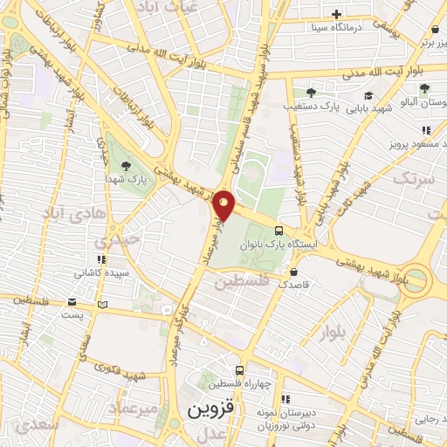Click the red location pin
click(223, 203)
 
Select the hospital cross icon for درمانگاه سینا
click(336, 14)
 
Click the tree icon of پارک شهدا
click(128, 165)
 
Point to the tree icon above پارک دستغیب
click(310, 93)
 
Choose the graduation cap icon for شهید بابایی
click(368, 96)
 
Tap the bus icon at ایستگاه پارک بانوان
click(279, 231)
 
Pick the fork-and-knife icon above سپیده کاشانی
click(101, 259)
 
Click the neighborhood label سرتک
click(412, 179)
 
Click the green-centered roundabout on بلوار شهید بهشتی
click(417, 280)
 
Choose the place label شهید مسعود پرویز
click(410, 142)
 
